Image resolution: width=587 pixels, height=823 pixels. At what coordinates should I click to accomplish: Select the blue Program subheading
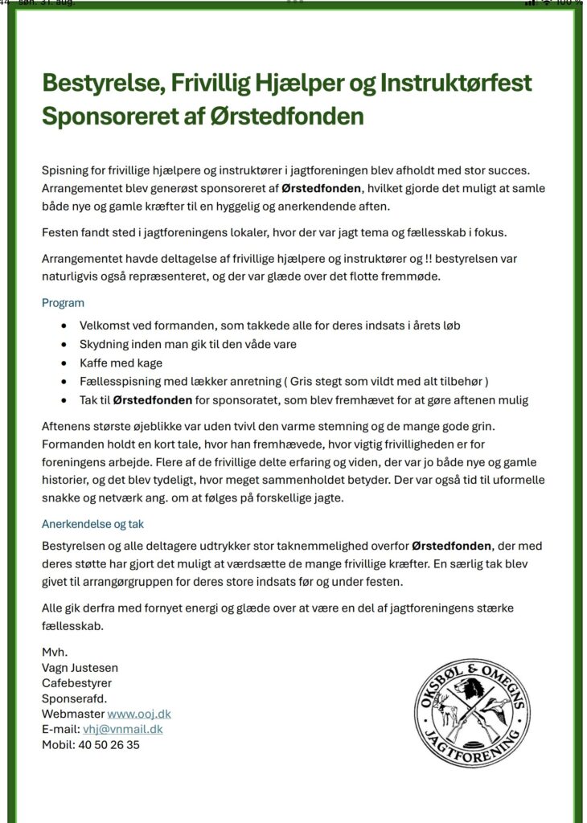(63, 303)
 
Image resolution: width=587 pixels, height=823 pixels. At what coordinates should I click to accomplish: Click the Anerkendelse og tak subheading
(92, 524)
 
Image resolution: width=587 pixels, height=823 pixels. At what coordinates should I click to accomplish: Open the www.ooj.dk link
(139, 714)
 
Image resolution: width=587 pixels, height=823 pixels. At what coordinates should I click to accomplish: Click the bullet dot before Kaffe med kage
(64, 363)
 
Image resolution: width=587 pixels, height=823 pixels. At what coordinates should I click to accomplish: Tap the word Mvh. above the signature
(54, 652)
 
